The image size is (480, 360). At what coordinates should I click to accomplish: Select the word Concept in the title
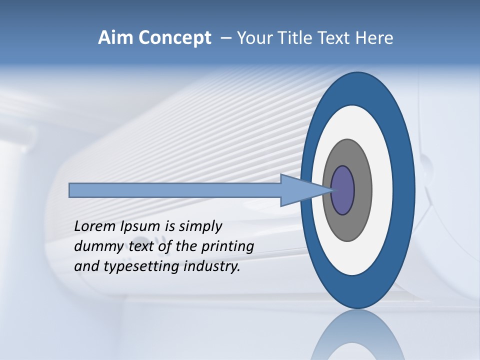(174, 38)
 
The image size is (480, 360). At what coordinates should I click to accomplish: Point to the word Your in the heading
(253, 38)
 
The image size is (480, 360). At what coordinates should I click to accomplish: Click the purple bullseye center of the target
(343, 190)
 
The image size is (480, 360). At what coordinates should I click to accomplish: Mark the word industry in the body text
(212, 266)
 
